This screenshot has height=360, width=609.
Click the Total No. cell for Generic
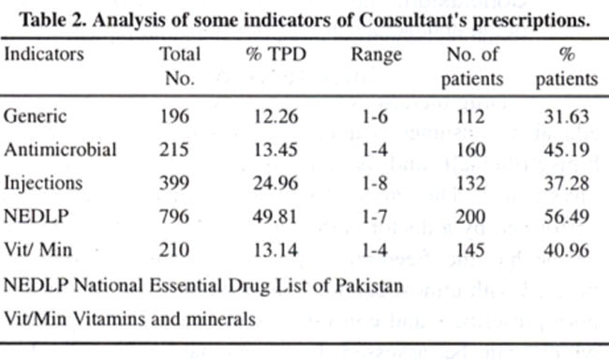(174, 116)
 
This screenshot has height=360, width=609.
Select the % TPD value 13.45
(275, 150)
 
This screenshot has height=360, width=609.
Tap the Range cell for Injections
(375, 183)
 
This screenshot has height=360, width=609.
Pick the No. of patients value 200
(470, 217)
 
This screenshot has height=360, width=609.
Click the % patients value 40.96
(566, 250)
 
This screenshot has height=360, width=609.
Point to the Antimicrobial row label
(60, 150)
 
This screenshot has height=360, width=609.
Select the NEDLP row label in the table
(37, 217)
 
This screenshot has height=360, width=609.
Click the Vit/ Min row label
(38, 249)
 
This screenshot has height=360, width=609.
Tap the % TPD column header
(276, 54)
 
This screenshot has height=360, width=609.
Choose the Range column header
(377, 55)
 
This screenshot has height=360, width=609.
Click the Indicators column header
(44, 53)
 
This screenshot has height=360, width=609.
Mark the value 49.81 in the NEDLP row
(275, 217)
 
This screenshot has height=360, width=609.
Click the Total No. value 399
(174, 183)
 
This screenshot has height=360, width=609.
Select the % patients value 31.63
(566, 116)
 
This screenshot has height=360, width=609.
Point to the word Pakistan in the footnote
(369, 286)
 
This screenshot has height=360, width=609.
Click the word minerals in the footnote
(221, 319)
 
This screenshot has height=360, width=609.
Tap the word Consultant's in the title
(413, 20)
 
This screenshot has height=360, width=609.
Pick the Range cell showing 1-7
(375, 217)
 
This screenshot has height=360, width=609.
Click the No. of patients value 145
(470, 250)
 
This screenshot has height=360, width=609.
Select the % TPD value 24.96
(275, 183)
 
